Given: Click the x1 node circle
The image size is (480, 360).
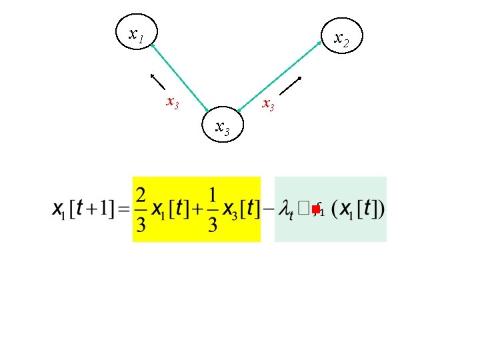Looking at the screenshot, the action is tap(136, 33).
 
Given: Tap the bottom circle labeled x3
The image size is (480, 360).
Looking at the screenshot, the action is tap(223, 125).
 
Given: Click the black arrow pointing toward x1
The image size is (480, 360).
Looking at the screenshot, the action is tap(157, 79).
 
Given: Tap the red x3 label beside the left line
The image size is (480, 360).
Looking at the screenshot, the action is tap(172, 103).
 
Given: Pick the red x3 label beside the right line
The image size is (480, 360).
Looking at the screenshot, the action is tap(268, 104).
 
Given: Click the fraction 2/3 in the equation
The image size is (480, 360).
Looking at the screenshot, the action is tap(141, 209).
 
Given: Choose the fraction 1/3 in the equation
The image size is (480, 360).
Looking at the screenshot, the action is tap(212, 209).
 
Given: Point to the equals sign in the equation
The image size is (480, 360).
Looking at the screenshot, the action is tap(125, 209).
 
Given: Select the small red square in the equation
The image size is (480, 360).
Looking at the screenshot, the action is tap(316, 210).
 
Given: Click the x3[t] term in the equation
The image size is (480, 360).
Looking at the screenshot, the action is tap(239, 209).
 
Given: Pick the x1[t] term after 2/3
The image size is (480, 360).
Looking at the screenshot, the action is tap(169, 209).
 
